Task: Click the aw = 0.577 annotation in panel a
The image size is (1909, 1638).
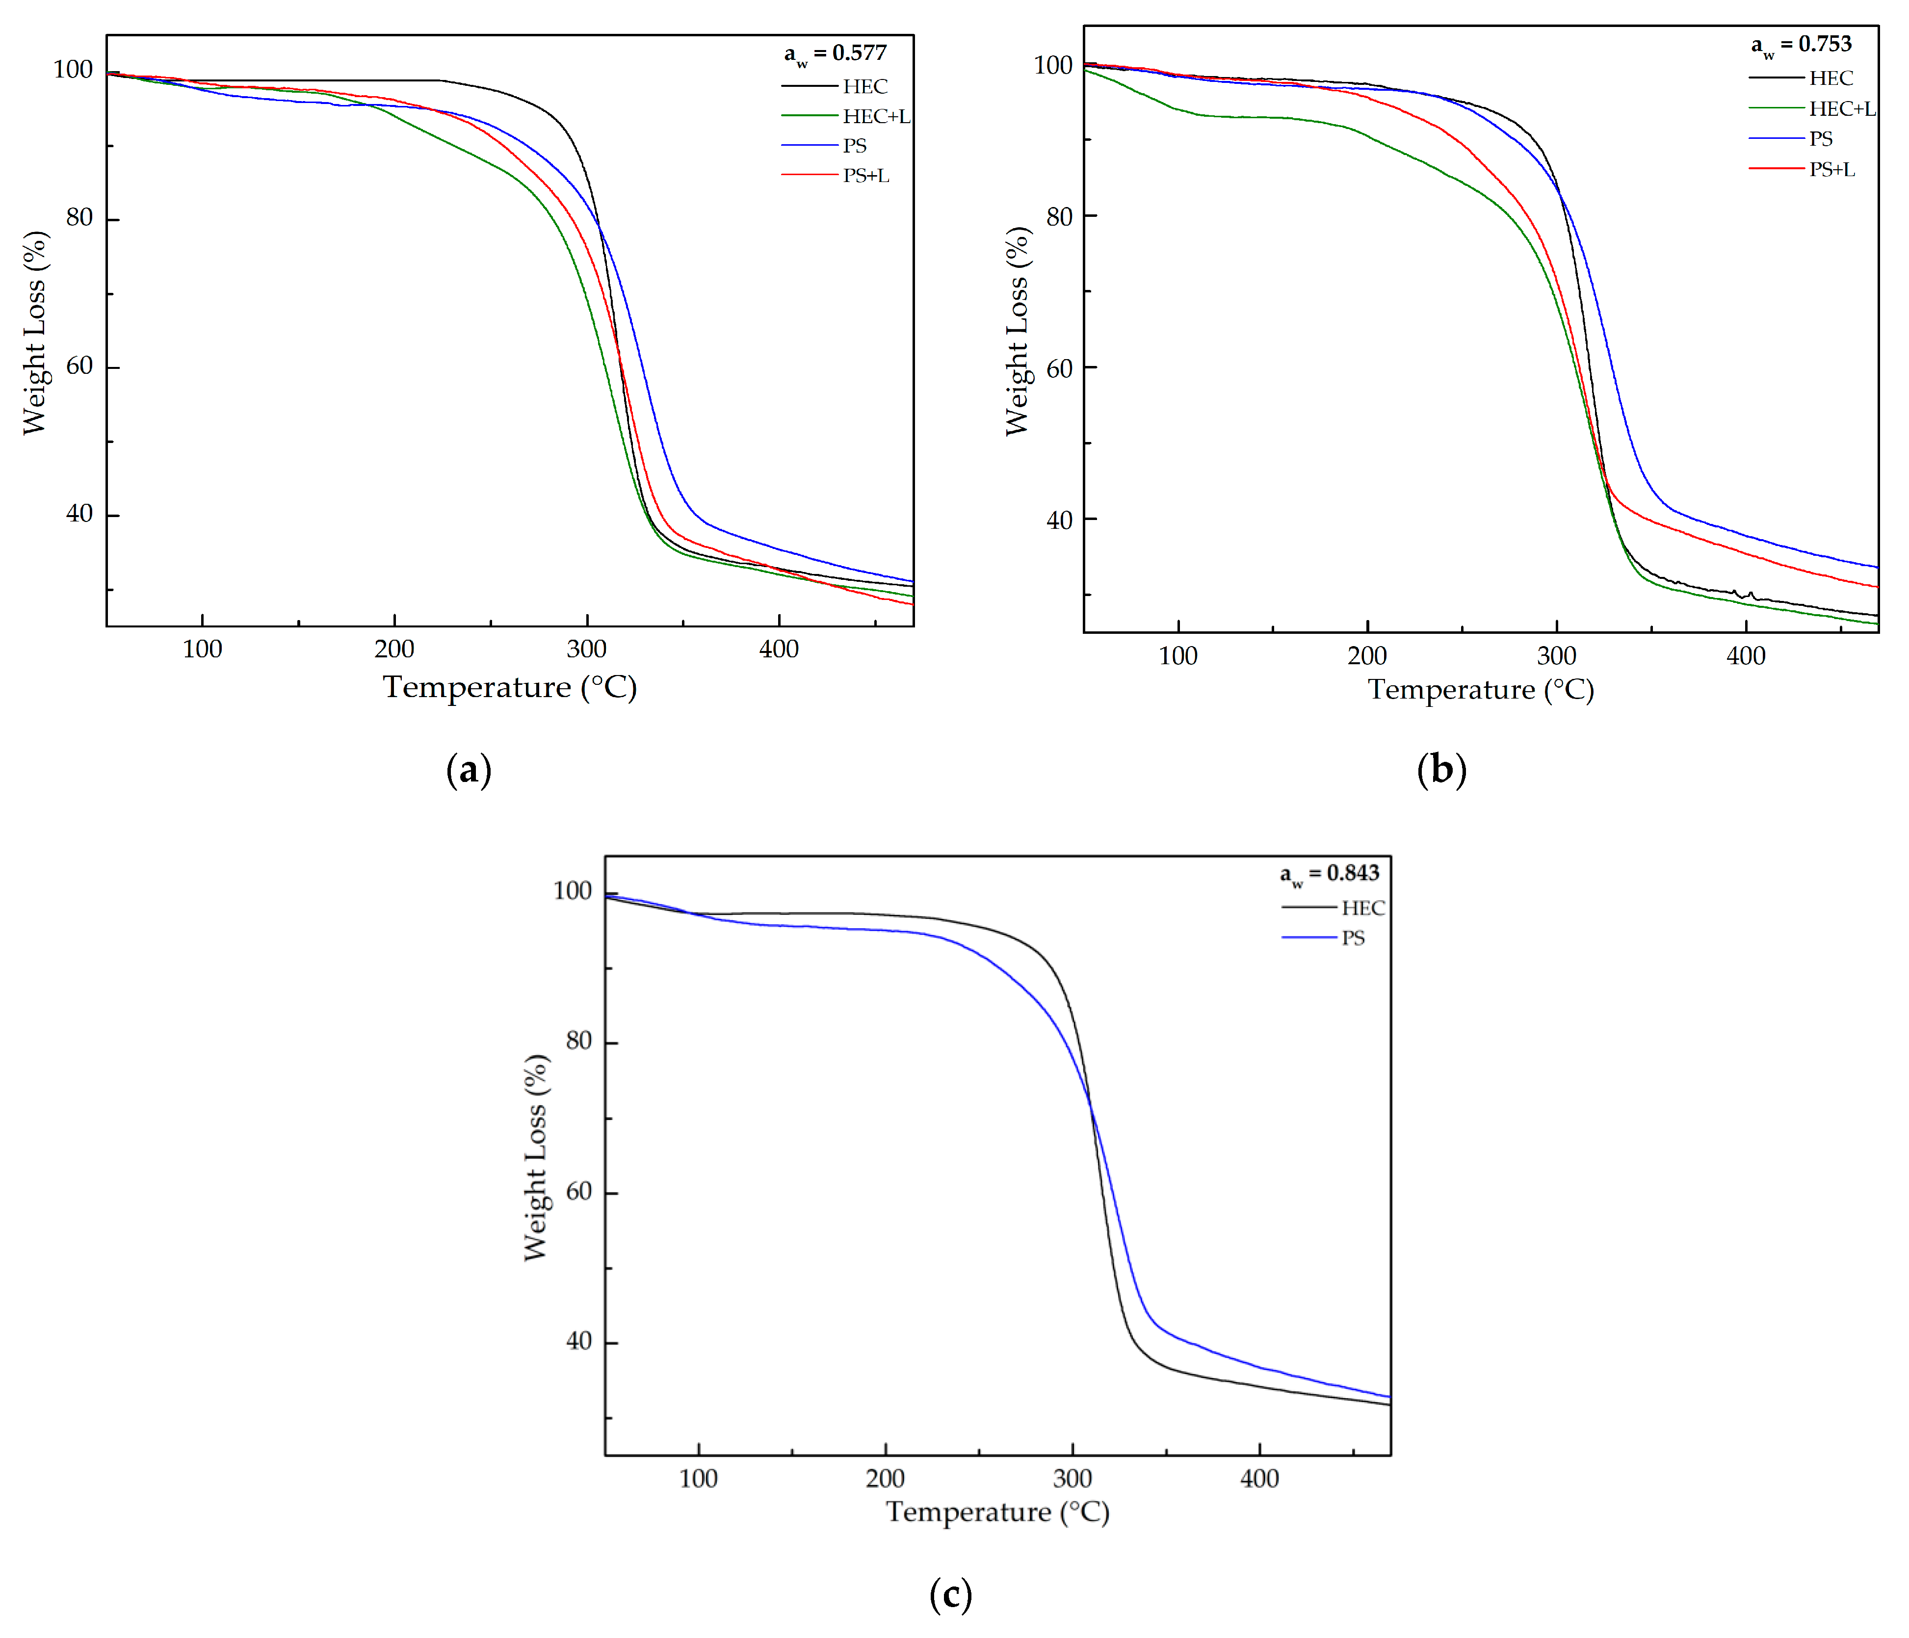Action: [x=835, y=54]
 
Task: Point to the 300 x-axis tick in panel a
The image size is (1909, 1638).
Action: [x=587, y=650]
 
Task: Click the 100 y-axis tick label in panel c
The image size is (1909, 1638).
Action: [x=572, y=891]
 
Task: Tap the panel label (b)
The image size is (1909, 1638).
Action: [x=1441, y=769]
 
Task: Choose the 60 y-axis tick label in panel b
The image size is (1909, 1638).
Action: [x=1060, y=368]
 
